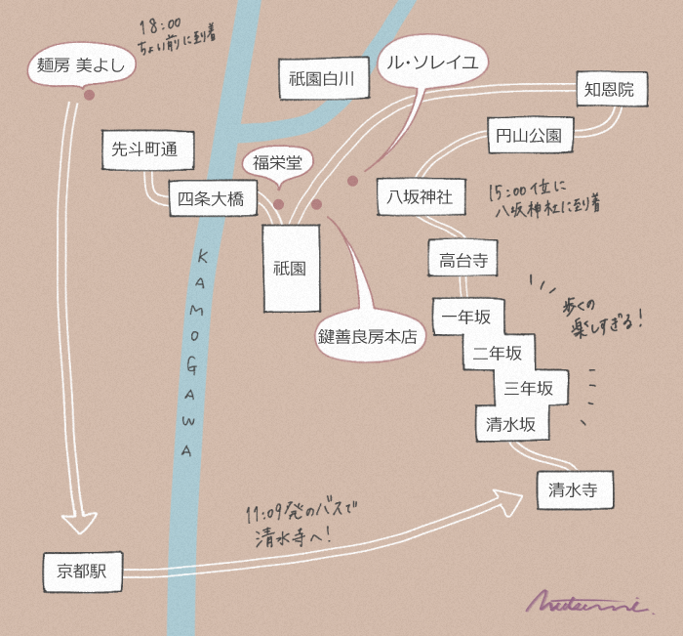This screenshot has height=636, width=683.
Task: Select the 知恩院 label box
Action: (x=610, y=90)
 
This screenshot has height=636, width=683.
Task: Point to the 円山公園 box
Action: (x=528, y=136)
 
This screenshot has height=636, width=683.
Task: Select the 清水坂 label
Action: (x=510, y=424)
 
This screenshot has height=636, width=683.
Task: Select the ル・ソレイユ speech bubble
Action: (x=431, y=64)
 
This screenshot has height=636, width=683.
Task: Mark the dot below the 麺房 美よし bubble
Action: (x=89, y=95)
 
